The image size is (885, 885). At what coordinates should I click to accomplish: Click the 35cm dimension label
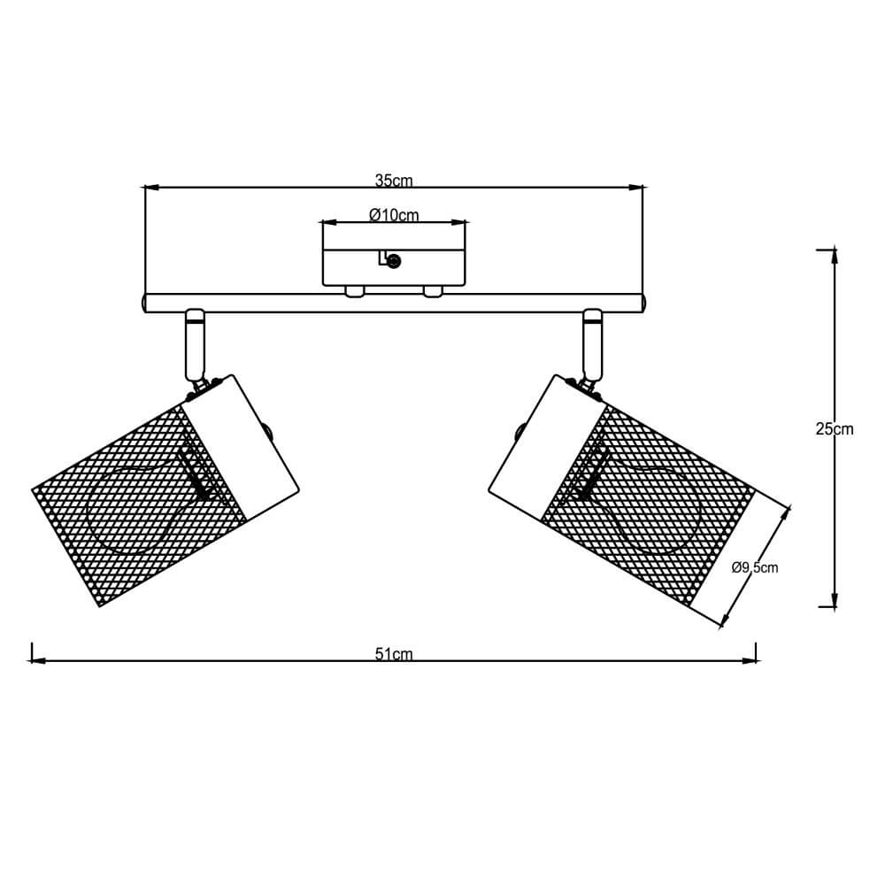[x=394, y=181]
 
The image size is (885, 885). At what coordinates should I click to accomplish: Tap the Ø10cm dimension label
[x=394, y=215]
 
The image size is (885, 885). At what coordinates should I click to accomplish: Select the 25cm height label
[x=835, y=429]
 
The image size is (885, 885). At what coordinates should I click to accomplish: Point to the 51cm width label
[x=394, y=655]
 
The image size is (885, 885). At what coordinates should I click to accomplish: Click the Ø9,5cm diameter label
[x=755, y=567]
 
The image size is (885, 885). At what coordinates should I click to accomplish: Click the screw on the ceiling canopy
[x=394, y=260]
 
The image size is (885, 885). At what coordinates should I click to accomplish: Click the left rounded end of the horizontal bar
[x=145, y=304]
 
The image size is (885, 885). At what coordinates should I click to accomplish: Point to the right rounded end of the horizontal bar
[x=643, y=304]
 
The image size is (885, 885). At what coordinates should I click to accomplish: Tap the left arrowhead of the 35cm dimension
[x=151, y=188]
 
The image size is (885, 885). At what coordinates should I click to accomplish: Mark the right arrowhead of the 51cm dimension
[x=750, y=660]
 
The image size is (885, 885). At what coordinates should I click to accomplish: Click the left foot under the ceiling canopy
[x=353, y=291]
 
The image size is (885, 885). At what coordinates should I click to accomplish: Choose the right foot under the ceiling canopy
[x=433, y=291]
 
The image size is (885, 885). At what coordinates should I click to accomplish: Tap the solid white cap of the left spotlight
[x=242, y=447]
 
